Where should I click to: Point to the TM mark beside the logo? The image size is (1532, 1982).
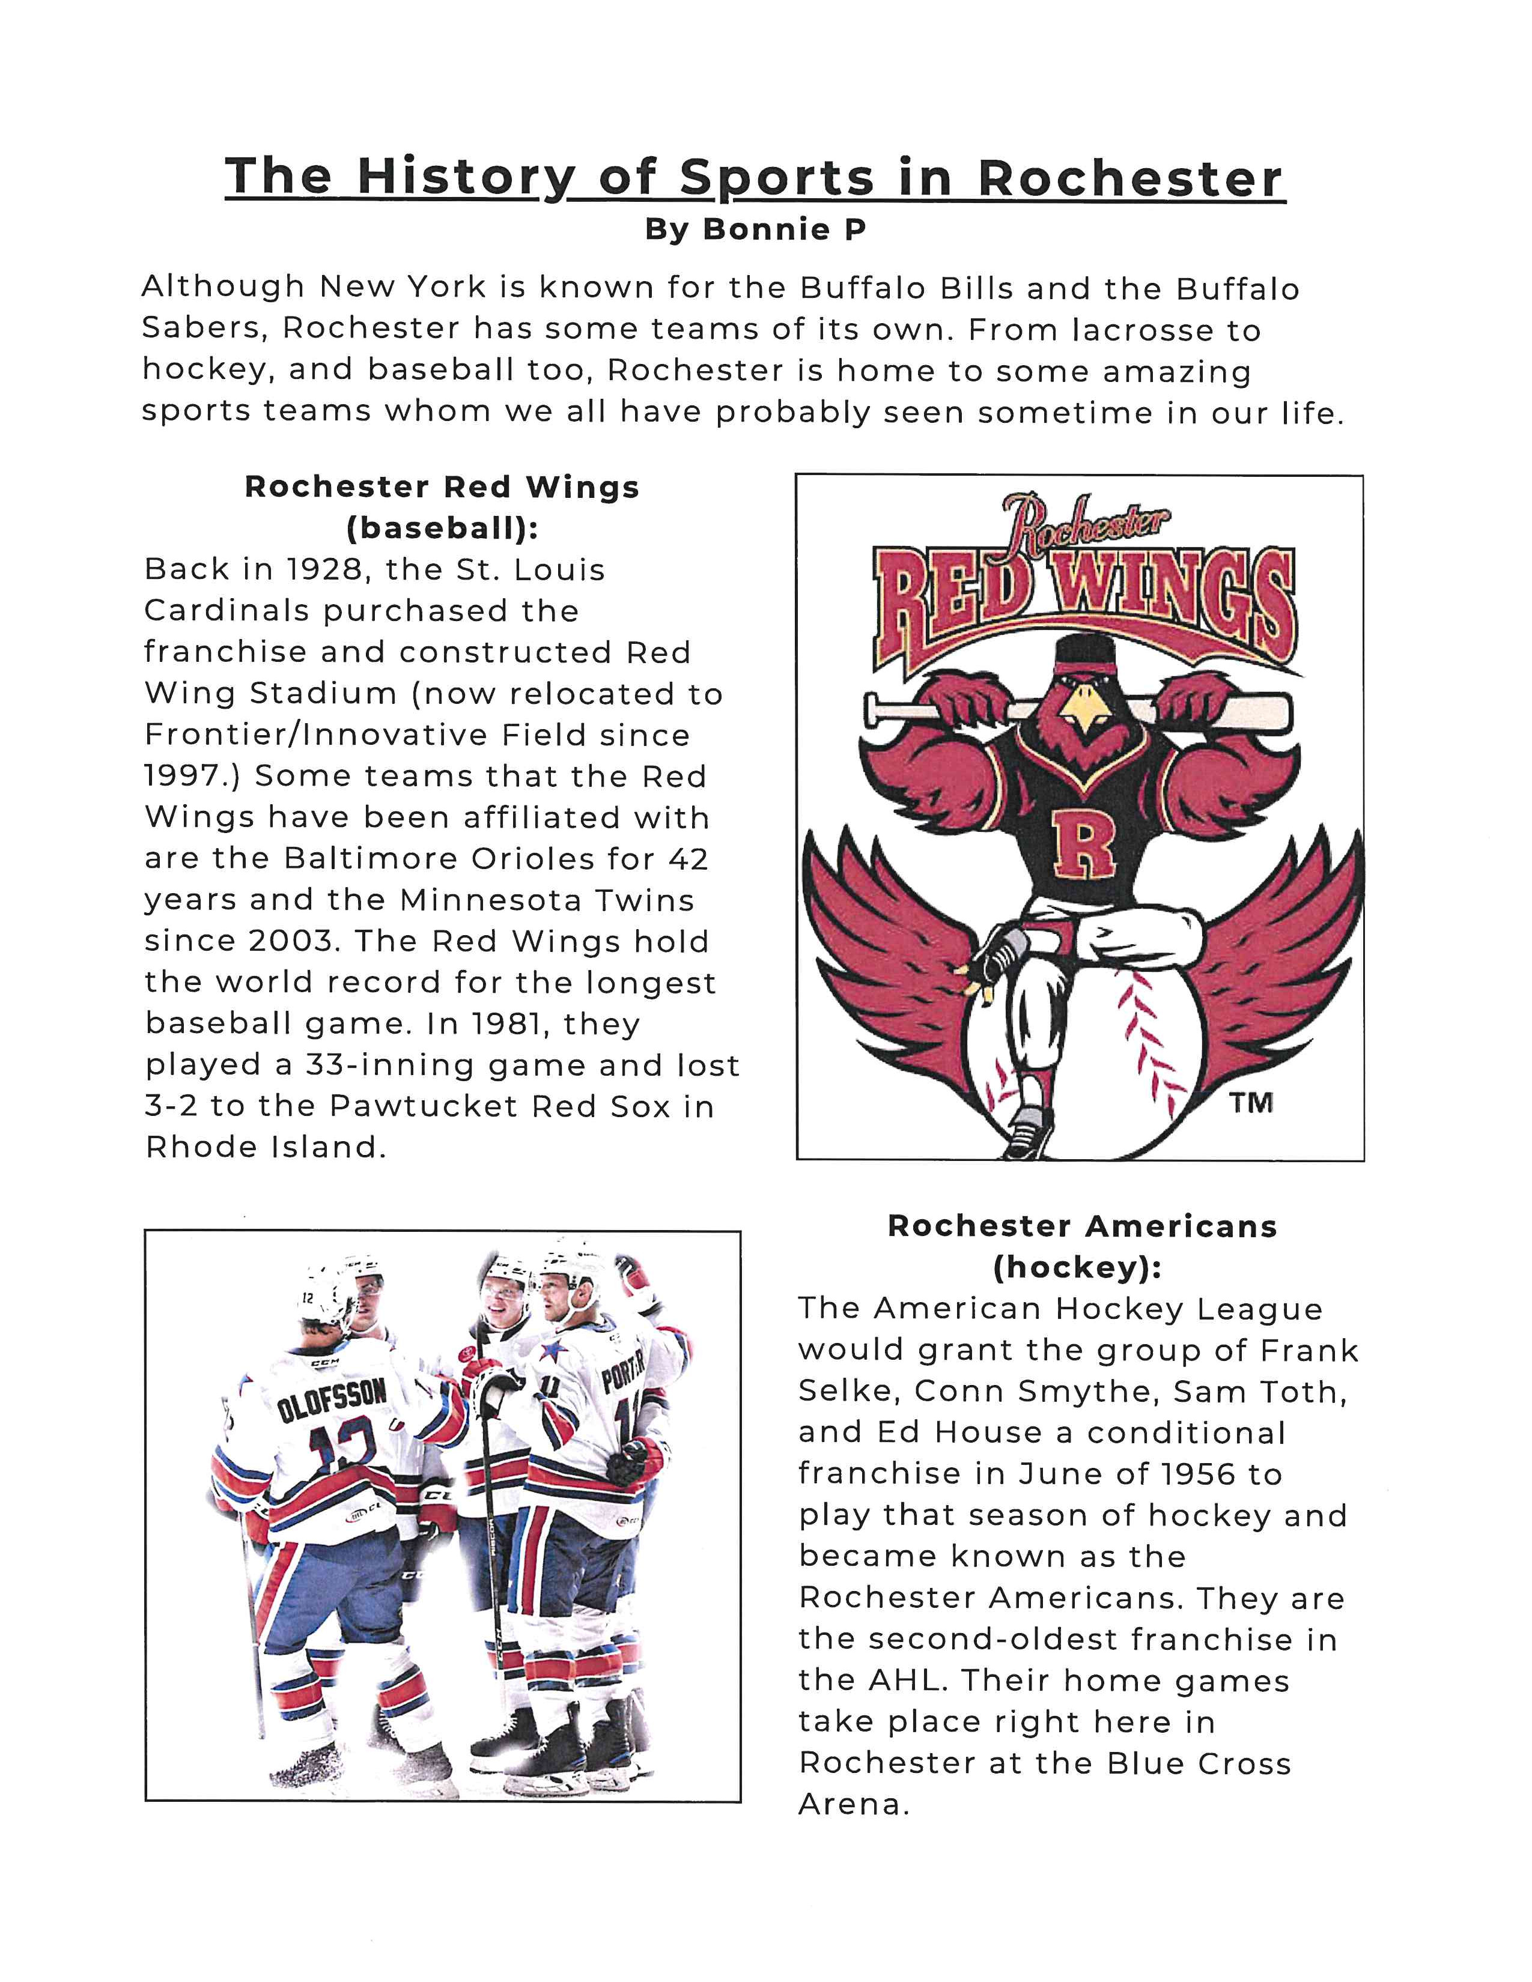1251,1103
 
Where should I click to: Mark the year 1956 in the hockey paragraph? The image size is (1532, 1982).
1193,1474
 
